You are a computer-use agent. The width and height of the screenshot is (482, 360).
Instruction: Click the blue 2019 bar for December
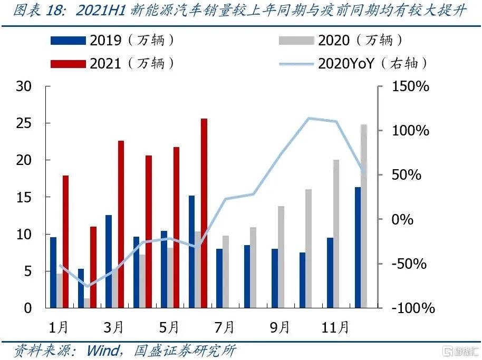[x=358, y=247]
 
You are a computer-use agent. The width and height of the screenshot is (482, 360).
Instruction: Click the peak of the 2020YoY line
[x=309, y=118]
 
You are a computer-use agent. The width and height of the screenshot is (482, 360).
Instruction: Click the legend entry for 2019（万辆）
[x=113, y=40]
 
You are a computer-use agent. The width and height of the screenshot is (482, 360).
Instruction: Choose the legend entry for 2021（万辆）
[x=113, y=64]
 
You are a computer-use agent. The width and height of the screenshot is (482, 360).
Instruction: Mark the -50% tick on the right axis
[x=409, y=264]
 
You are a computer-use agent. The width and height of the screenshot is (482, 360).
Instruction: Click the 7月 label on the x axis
[x=224, y=327]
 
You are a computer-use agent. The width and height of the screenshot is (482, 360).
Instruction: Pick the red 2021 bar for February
[x=93, y=267]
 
